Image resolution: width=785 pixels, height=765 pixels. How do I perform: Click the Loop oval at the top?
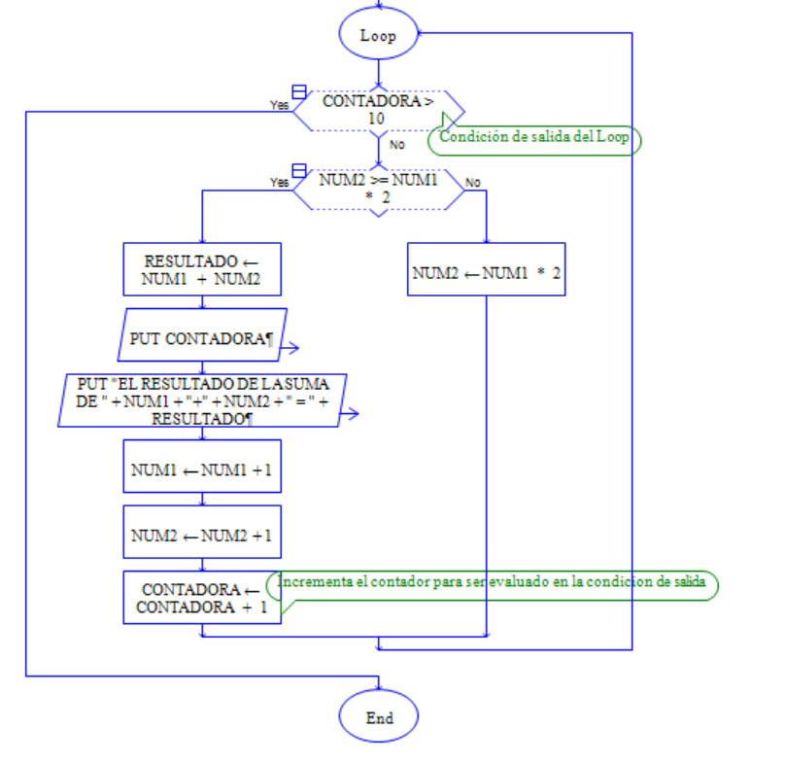point(379,35)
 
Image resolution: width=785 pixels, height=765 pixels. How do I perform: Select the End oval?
point(379,718)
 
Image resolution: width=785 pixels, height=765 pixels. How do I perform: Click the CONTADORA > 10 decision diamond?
point(379,109)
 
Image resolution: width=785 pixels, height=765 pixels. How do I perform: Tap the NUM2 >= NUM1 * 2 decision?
point(379,189)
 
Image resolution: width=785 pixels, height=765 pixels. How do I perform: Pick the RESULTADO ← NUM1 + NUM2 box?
point(202,270)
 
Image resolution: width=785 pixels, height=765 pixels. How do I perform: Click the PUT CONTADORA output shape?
point(204,339)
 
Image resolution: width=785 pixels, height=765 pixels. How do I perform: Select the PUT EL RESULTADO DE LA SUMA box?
point(201,400)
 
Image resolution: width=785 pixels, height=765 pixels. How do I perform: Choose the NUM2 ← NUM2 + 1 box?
point(202,536)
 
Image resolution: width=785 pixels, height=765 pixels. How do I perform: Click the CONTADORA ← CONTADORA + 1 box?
point(202,598)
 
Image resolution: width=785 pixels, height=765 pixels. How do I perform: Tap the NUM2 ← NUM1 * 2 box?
point(486,273)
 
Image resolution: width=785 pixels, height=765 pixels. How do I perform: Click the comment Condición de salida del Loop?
point(534,137)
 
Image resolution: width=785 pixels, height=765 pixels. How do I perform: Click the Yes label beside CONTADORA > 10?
point(279,105)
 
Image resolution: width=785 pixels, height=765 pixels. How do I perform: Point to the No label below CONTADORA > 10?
point(396,145)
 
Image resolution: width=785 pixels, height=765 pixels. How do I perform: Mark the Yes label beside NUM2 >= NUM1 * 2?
point(279,182)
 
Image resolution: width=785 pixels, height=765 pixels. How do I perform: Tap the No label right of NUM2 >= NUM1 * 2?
point(472,182)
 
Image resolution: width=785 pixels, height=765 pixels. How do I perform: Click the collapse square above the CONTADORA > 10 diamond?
point(299,90)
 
